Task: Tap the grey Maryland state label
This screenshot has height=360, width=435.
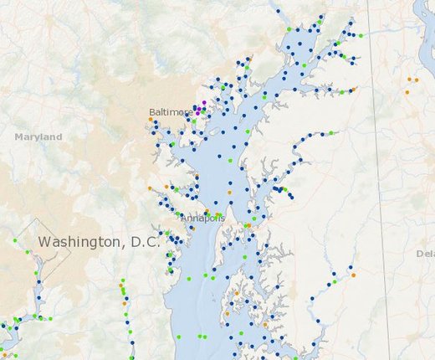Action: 38,136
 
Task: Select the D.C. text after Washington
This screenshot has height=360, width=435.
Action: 141,242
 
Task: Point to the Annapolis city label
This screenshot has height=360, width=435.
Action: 202,219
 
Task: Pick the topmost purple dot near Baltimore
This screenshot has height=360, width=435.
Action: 204,102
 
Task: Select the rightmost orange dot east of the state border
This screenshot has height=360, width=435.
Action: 416,80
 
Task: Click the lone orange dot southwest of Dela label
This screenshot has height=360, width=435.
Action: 354,275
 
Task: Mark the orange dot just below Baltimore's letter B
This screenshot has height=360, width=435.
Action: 151,120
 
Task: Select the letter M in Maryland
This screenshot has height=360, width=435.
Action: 18,136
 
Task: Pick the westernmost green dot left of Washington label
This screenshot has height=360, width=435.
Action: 15,240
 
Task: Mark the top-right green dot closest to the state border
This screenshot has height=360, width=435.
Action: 361,36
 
